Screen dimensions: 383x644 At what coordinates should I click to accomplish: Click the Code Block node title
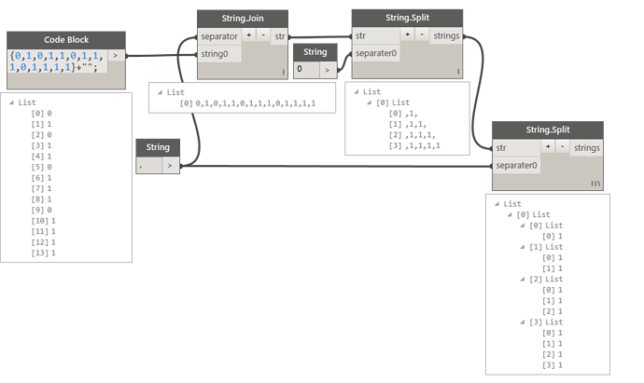[x=65, y=40]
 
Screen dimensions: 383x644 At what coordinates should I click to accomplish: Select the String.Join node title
[x=243, y=19]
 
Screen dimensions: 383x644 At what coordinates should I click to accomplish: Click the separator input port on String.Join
[x=219, y=35]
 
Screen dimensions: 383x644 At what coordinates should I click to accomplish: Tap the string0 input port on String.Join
[x=219, y=54]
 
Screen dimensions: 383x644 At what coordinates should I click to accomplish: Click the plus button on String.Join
[x=249, y=35]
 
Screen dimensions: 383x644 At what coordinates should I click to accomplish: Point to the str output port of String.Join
[x=280, y=35]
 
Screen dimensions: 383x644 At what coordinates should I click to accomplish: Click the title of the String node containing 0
[x=314, y=51]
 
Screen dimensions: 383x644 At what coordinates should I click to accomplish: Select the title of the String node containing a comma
[x=157, y=147]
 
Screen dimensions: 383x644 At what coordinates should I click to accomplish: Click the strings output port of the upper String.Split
[x=446, y=35]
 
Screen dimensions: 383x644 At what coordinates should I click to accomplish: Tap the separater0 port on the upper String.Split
[x=376, y=54]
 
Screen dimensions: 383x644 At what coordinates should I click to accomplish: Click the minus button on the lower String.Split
[x=563, y=147]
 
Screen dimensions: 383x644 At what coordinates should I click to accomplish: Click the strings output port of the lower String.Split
[x=587, y=147]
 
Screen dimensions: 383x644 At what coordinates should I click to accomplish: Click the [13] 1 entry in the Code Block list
[x=44, y=253]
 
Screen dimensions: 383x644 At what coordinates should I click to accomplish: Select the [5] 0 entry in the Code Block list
[x=41, y=168]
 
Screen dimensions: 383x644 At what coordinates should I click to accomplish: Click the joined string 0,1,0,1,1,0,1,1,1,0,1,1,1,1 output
[x=247, y=103]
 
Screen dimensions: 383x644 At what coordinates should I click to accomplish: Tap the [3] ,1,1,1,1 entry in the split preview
[x=415, y=146]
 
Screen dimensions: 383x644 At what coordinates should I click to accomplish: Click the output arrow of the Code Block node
[x=116, y=56]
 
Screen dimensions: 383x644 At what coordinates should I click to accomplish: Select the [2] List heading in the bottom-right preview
[x=542, y=280]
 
